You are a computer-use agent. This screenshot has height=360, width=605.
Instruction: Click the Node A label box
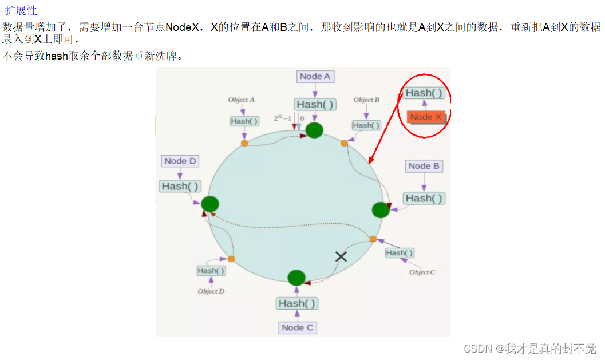pos(315,76)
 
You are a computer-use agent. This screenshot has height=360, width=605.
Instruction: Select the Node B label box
pos(424,166)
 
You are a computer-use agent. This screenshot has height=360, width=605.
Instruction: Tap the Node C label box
pos(298,327)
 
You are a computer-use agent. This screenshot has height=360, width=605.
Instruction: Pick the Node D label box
pos(180,161)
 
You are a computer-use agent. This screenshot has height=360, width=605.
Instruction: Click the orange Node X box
pos(426,117)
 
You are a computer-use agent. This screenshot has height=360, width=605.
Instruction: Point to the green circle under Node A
pos(314,130)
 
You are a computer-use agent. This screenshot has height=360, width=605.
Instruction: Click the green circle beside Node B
pos(381,210)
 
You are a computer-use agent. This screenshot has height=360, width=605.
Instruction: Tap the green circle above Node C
pos(296,278)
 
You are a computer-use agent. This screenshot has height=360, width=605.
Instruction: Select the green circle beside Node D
pos(210,203)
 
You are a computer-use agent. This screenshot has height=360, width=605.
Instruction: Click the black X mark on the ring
pos(341,256)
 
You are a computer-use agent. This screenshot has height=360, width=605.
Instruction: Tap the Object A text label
pos(242,100)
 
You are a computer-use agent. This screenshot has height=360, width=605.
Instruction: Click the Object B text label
pos(366,100)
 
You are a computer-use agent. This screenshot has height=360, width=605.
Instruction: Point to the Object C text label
pos(422,272)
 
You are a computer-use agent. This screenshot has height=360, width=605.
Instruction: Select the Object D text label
pos(211,291)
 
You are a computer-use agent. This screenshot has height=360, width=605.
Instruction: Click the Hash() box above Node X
pos(424,93)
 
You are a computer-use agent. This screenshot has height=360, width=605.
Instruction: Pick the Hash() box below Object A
pos(244,121)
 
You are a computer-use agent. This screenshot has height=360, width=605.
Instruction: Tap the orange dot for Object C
pos(373,239)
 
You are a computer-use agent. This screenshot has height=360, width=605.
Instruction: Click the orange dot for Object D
pos(231,259)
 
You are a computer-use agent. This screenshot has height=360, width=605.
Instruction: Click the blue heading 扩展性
pos(21,11)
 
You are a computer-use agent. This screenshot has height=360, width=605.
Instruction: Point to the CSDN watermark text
pos(529,349)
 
